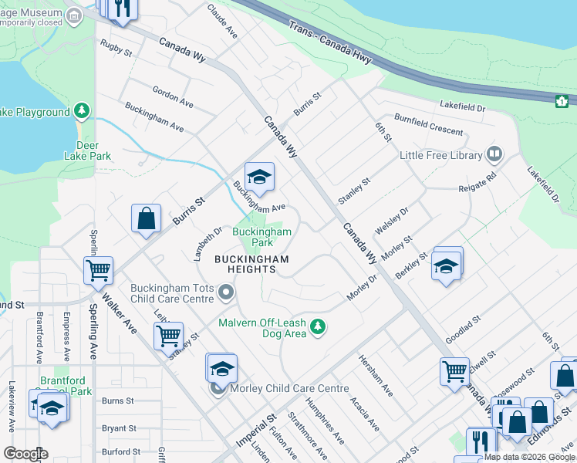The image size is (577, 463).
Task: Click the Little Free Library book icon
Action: pyautogui.click(x=494, y=155)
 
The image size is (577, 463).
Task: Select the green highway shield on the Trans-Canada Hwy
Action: pyautogui.click(x=562, y=100)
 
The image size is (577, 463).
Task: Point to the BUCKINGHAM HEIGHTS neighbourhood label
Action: pyautogui.click(x=251, y=263)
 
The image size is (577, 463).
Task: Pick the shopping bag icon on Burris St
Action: pyautogui.click(x=146, y=218)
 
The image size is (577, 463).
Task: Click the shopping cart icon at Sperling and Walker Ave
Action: pyautogui.click(x=99, y=271)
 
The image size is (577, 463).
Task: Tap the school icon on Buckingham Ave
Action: pyautogui.click(x=260, y=177)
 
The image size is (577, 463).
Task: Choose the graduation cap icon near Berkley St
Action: pyautogui.click(x=447, y=266)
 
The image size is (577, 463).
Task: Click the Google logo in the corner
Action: pyautogui.click(x=25, y=454)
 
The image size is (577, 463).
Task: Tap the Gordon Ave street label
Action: pyautogui.click(x=173, y=96)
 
